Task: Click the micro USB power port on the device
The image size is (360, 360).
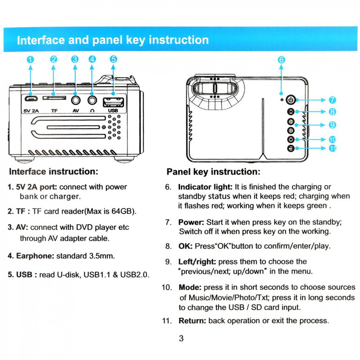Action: click(30, 99)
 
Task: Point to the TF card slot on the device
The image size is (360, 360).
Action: click(54, 98)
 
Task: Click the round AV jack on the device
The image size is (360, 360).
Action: click(75, 99)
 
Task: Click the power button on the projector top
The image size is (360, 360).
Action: click(291, 100)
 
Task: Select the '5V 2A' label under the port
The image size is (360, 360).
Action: click(31, 110)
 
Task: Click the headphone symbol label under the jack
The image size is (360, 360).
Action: click(92, 110)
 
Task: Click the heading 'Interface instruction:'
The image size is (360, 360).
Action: click(53, 171)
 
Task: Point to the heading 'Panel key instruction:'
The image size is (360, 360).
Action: click(213, 172)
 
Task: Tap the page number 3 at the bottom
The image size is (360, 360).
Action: click(181, 339)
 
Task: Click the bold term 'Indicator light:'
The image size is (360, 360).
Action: click(205, 187)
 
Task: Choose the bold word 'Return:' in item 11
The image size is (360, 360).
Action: click(192, 321)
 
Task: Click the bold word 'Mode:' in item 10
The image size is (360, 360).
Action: click(190, 287)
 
